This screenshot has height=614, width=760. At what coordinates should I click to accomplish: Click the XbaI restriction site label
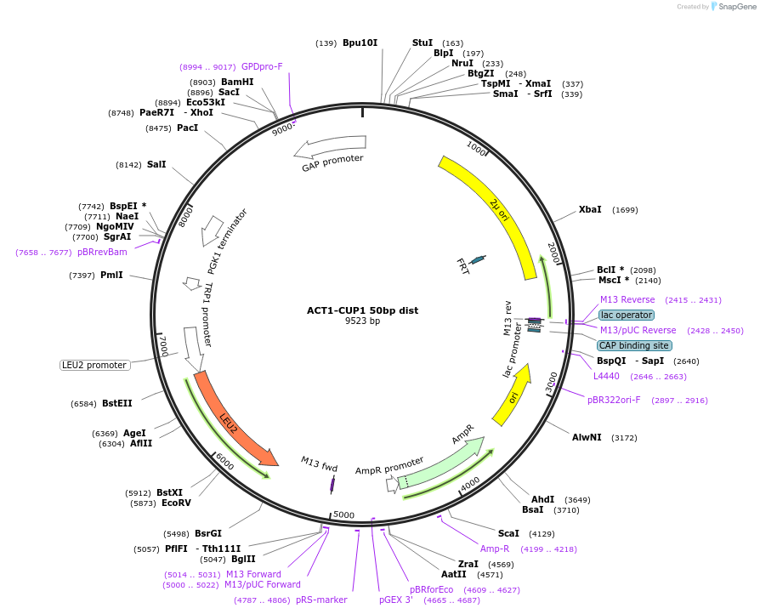[x=590, y=209]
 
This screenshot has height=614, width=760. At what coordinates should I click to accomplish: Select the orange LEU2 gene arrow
[x=234, y=419]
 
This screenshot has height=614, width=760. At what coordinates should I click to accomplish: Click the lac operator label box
[x=627, y=315]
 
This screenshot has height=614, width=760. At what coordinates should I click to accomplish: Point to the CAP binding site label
[x=633, y=345]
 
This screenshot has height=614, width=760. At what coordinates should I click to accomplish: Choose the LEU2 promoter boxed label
[x=94, y=365]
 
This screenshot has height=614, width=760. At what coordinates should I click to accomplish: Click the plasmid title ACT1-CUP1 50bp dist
[x=362, y=310]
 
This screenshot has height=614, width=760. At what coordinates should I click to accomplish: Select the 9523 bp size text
[x=362, y=321]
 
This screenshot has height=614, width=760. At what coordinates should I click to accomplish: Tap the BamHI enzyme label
[x=237, y=82]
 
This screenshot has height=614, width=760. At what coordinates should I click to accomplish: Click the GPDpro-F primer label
[x=262, y=66]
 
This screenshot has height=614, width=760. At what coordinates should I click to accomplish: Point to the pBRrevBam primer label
[x=102, y=252]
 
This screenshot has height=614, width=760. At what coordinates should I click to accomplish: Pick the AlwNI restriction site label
[x=587, y=437]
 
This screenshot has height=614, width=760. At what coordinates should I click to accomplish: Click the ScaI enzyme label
[x=508, y=533]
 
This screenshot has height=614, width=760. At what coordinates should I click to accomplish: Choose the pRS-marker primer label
[x=321, y=600]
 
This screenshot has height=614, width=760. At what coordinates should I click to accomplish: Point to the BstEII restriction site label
[x=117, y=403]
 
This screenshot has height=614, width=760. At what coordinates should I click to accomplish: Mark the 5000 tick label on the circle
[x=343, y=515]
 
